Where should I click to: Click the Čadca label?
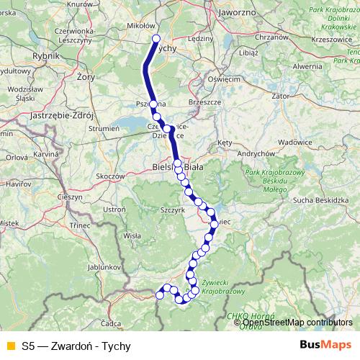111,323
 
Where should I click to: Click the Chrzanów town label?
271,36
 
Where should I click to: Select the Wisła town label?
132,235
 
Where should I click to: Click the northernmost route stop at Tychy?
156,39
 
